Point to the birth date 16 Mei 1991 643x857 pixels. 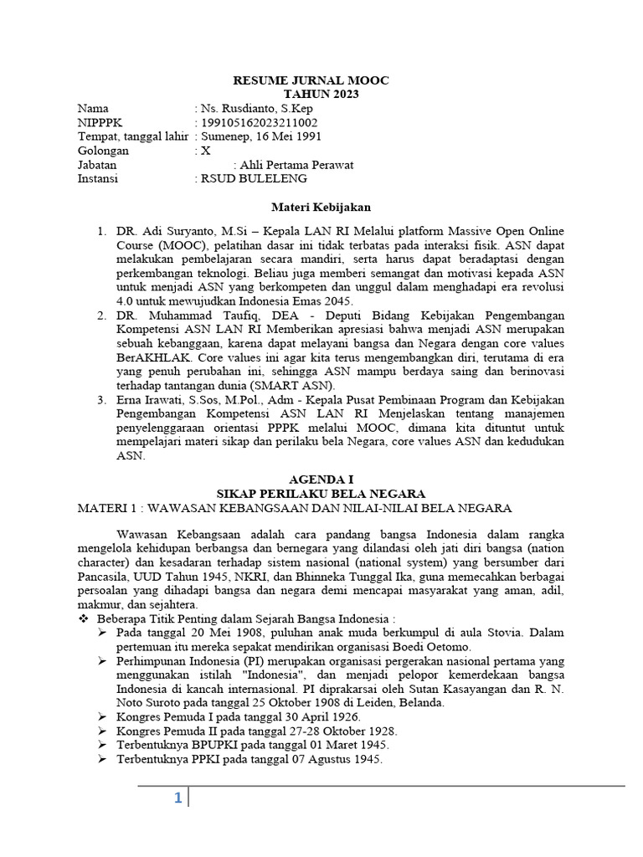[285, 137]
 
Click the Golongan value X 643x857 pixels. [206, 151]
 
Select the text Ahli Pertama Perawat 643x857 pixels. [296, 165]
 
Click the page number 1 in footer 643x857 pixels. [177, 798]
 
